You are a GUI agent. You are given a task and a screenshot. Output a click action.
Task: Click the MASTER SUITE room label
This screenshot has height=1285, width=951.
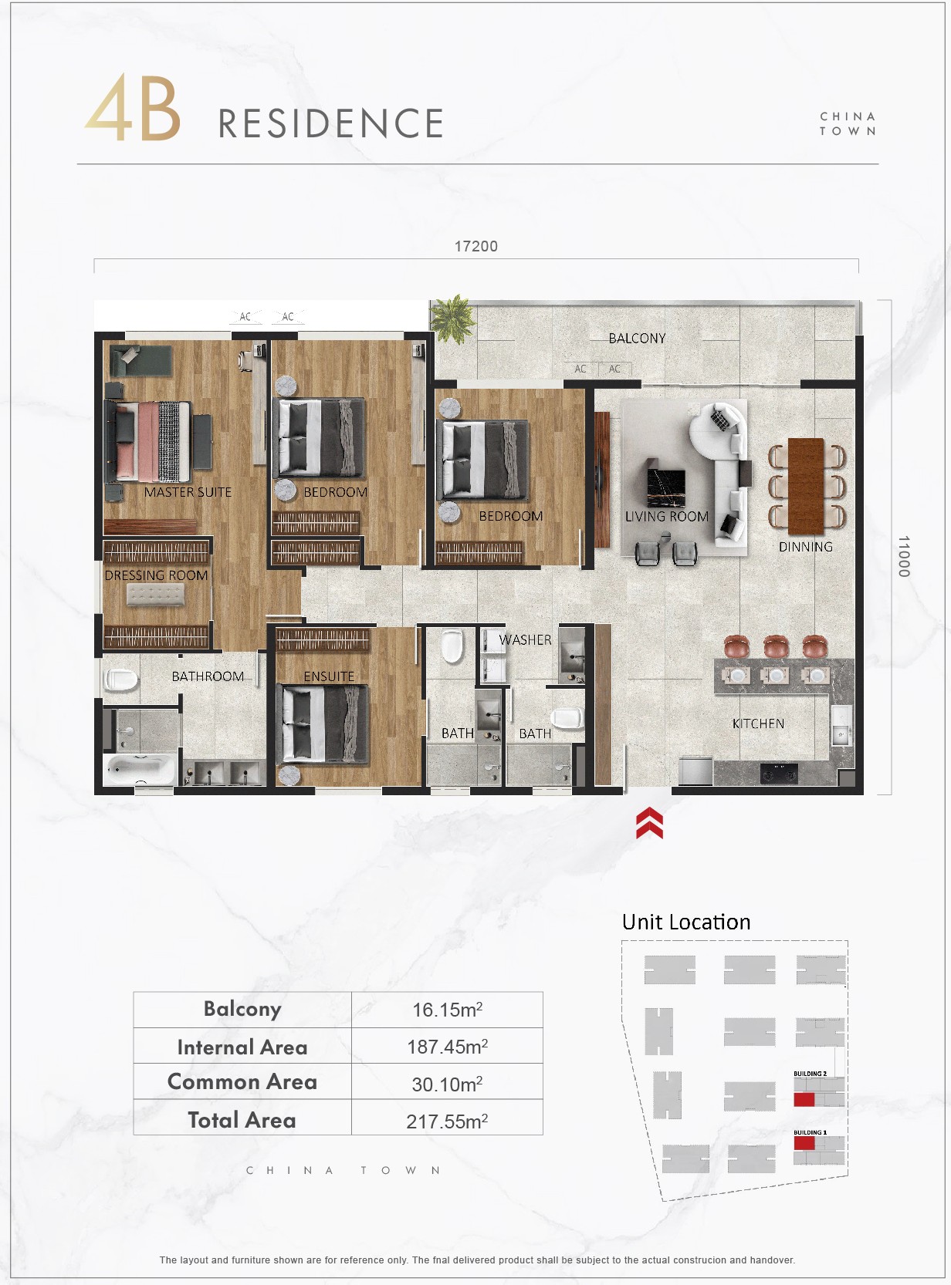(x=188, y=492)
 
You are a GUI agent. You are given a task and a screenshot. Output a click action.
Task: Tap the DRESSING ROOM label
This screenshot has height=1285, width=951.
(x=156, y=575)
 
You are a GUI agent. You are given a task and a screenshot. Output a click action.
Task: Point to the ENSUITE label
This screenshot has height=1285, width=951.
(x=329, y=676)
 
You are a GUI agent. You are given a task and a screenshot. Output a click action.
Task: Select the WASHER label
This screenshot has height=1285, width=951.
(x=526, y=639)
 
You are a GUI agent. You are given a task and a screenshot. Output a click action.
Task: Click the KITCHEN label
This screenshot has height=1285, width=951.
(x=758, y=723)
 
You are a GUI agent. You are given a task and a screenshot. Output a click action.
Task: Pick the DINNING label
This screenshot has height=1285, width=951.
(x=805, y=546)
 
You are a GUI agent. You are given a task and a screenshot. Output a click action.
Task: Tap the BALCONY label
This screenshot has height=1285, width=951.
(x=637, y=339)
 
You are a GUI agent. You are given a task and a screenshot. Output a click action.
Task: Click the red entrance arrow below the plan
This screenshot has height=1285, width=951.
(x=649, y=823)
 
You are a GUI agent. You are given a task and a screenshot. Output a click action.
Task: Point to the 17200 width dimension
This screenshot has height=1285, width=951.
(x=476, y=246)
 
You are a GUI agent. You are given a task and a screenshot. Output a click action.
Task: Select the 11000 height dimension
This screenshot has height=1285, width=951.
(x=903, y=556)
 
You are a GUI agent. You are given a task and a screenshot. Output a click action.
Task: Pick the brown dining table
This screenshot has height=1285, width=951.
(x=806, y=485)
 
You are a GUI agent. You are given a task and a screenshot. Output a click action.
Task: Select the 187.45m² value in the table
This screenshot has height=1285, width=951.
(x=447, y=1047)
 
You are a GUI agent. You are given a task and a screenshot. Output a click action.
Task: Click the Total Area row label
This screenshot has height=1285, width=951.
(x=242, y=1120)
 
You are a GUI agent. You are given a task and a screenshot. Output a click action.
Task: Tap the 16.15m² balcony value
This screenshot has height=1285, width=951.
(x=447, y=1010)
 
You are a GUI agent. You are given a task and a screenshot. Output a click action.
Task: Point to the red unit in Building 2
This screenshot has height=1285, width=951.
(x=804, y=1100)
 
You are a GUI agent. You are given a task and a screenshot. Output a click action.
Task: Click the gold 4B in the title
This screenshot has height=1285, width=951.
(x=133, y=107)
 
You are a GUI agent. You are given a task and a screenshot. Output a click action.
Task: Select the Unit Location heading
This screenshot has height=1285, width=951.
(x=686, y=922)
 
